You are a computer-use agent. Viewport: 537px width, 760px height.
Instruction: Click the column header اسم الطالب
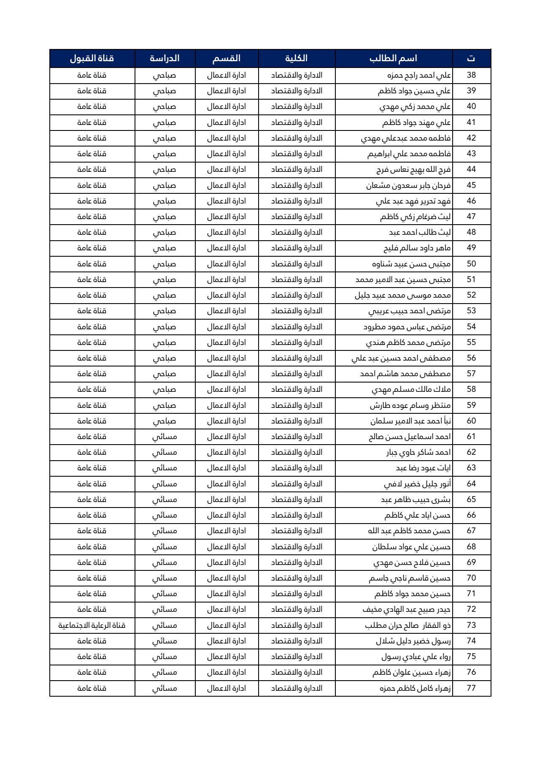(393, 58)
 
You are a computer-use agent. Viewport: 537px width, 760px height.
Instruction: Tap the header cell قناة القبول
(92, 58)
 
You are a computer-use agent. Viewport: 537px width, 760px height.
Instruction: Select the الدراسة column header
(165, 58)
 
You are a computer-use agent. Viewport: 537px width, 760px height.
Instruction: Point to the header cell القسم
(227, 58)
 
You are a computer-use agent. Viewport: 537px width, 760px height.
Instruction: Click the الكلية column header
(296, 58)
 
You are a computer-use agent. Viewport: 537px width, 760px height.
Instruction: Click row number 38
(471, 75)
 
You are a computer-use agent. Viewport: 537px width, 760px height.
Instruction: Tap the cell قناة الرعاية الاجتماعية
(92, 625)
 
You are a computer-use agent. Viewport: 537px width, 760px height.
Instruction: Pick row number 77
(471, 688)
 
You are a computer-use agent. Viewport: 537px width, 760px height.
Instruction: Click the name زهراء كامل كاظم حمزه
(415, 688)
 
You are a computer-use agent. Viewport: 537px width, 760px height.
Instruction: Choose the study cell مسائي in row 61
(165, 437)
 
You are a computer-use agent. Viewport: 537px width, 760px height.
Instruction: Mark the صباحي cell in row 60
(165, 421)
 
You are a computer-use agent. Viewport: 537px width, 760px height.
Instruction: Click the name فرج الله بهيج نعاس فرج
(413, 170)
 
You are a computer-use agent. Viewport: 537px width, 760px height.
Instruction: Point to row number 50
(471, 264)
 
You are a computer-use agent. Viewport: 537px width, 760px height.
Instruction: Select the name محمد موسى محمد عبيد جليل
(403, 295)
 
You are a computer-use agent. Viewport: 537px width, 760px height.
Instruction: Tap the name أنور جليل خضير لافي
(417, 484)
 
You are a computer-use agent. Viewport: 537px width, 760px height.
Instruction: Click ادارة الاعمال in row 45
(227, 185)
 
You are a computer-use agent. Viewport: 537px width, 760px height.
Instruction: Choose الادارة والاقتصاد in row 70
(296, 578)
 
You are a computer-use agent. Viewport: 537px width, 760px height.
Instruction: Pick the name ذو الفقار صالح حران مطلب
(408, 625)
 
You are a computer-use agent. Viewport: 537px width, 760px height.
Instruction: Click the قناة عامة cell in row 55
(92, 342)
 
